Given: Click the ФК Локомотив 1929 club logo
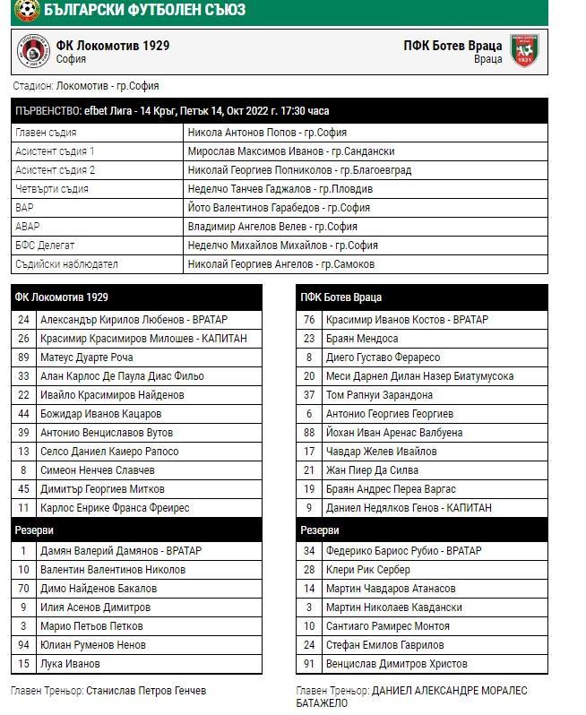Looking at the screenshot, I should (32, 51).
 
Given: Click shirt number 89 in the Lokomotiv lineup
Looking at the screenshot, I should (23, 357).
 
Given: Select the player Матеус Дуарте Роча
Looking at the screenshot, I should (86, 357).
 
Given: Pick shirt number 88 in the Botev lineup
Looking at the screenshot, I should (309, 433).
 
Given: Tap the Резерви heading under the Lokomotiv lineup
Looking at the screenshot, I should (34, 531).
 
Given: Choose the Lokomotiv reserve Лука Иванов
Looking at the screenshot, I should (70, 664).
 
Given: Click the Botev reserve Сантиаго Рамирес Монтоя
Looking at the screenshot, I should (388, 626).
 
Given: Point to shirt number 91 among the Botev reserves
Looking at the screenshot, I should (309, 664).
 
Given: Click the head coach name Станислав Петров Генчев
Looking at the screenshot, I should (146, 691).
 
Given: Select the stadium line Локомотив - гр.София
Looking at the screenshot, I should (108, 86).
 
